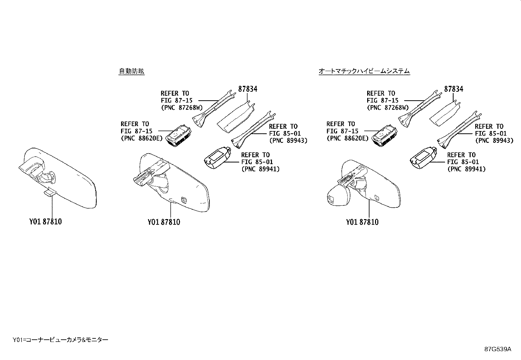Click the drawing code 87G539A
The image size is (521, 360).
498,349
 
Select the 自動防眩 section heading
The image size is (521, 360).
131,71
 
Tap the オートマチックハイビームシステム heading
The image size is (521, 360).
364,71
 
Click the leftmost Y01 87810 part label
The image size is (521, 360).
45,222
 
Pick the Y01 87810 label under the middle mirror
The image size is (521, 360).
164,222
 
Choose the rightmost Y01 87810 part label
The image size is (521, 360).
362,222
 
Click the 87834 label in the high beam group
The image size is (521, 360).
453,89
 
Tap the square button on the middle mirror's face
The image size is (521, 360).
184,199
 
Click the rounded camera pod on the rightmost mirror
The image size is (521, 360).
338,198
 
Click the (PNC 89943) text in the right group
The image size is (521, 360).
494,141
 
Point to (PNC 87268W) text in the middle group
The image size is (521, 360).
182,107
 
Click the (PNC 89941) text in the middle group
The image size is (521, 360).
260,169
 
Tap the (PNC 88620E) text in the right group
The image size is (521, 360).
347,138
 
